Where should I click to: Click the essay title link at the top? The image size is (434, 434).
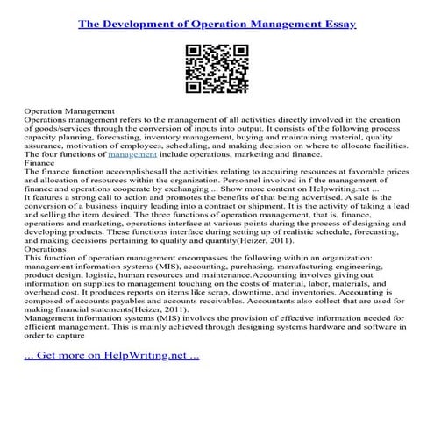217,25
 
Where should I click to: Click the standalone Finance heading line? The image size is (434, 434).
39,162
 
